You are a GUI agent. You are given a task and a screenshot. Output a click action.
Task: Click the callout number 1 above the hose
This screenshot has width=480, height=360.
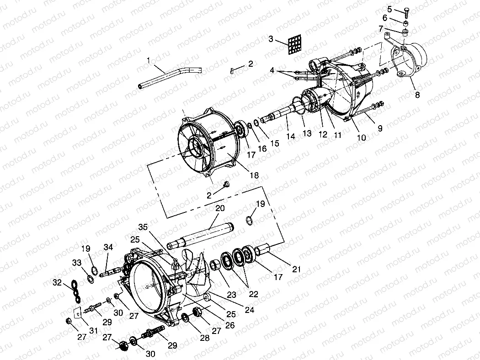tap(149, 60)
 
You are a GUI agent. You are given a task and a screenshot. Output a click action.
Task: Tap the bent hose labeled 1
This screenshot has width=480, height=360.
tap(169, 76)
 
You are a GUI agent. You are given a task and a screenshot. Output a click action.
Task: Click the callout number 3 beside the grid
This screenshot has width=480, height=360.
tap(272, 39)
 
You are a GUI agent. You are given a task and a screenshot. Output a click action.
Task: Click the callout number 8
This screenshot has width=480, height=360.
tap(417, 95)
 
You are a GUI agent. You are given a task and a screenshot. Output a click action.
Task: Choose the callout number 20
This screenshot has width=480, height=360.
tap(220, 208)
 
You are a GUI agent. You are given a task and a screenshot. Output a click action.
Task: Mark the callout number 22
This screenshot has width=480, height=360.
tap(254, 294)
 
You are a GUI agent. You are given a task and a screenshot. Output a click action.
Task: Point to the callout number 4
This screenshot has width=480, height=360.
tap(272, 70)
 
